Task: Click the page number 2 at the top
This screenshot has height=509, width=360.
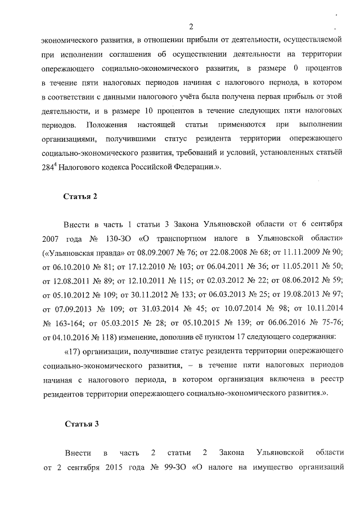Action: pyautogui.click(x=191, y=26)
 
